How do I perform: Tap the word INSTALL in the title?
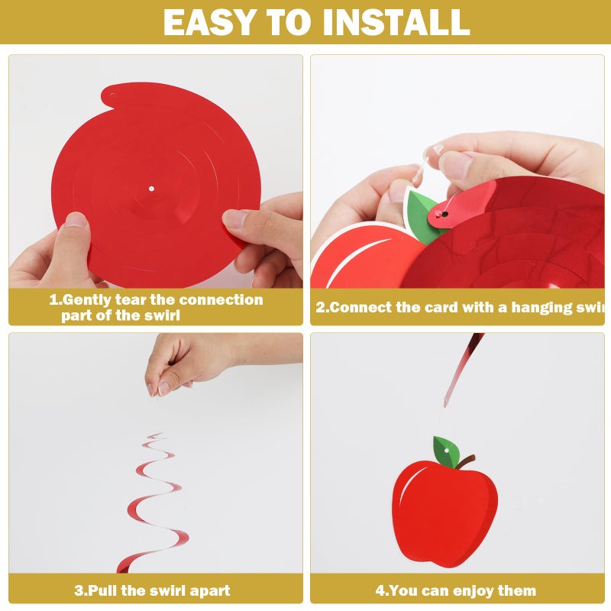396,22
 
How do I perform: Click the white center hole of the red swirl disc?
151,189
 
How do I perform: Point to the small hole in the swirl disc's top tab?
112,95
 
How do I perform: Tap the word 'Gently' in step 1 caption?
86,300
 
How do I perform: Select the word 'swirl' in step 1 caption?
163,315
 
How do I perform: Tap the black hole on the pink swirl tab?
445,214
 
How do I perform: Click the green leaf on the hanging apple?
447,452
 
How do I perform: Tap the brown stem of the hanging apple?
465,461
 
